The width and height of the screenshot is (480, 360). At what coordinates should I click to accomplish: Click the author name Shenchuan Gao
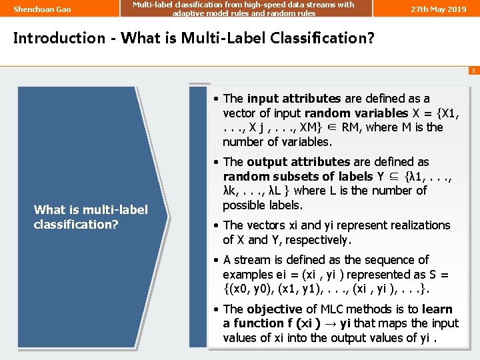[x=42, y=9]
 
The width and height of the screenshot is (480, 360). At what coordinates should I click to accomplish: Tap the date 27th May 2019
[x=438, y=9]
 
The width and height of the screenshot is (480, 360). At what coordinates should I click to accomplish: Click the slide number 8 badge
[x=473, y=70]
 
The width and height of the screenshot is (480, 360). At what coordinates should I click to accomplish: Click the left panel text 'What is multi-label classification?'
[x=91, y=217]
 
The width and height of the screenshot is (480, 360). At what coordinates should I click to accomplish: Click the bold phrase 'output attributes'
[x=298, y=162]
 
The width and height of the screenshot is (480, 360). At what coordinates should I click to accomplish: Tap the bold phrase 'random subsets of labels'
[x=297, y=177]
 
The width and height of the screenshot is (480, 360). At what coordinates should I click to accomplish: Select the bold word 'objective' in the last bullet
[x=275, y=309]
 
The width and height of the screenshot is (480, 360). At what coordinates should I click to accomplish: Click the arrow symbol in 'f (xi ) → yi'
[x=327, y=323]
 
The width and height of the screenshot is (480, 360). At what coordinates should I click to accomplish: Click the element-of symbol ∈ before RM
[x=333, y=127]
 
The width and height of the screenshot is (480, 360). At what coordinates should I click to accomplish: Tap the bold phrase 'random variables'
[x=363, y=113]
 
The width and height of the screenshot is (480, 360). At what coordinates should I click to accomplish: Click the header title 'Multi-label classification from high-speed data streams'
[x=243, y=5]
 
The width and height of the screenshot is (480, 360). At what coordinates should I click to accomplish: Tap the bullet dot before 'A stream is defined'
[x=216, y=260]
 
